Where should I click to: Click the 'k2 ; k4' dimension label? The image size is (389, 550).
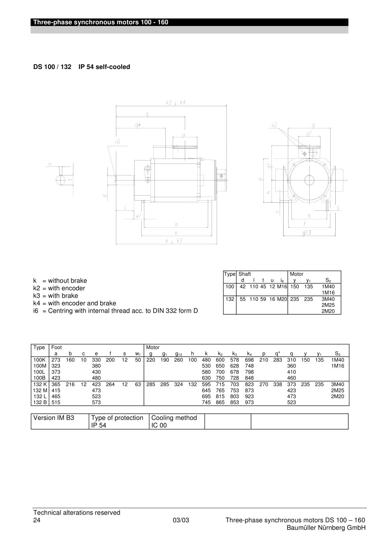pos(175,102)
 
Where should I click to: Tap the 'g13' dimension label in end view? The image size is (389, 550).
pos(307,233)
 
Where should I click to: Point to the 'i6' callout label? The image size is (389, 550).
pos(117,142)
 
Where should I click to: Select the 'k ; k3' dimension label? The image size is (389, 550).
pos(174,241)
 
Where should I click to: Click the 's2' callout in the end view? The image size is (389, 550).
pos(274,125)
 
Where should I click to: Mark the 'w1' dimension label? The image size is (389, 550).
pos(138,215)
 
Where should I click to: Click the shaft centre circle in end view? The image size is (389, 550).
pos(309,180)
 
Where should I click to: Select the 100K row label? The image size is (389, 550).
pos(39,360)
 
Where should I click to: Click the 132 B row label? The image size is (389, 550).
pos(40,402)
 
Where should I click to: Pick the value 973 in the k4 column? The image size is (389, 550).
pos(249,402)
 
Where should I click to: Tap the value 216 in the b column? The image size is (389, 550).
pos(70,384)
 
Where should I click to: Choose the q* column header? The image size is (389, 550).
pos(277,354)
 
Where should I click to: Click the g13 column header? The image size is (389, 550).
pos(178,354)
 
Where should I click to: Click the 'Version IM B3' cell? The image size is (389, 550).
pos(54,418)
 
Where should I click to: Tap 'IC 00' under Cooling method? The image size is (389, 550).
pos(159,425)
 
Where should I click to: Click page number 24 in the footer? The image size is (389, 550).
pos(37,520)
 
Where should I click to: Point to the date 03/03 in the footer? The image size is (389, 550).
pos(181,520)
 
